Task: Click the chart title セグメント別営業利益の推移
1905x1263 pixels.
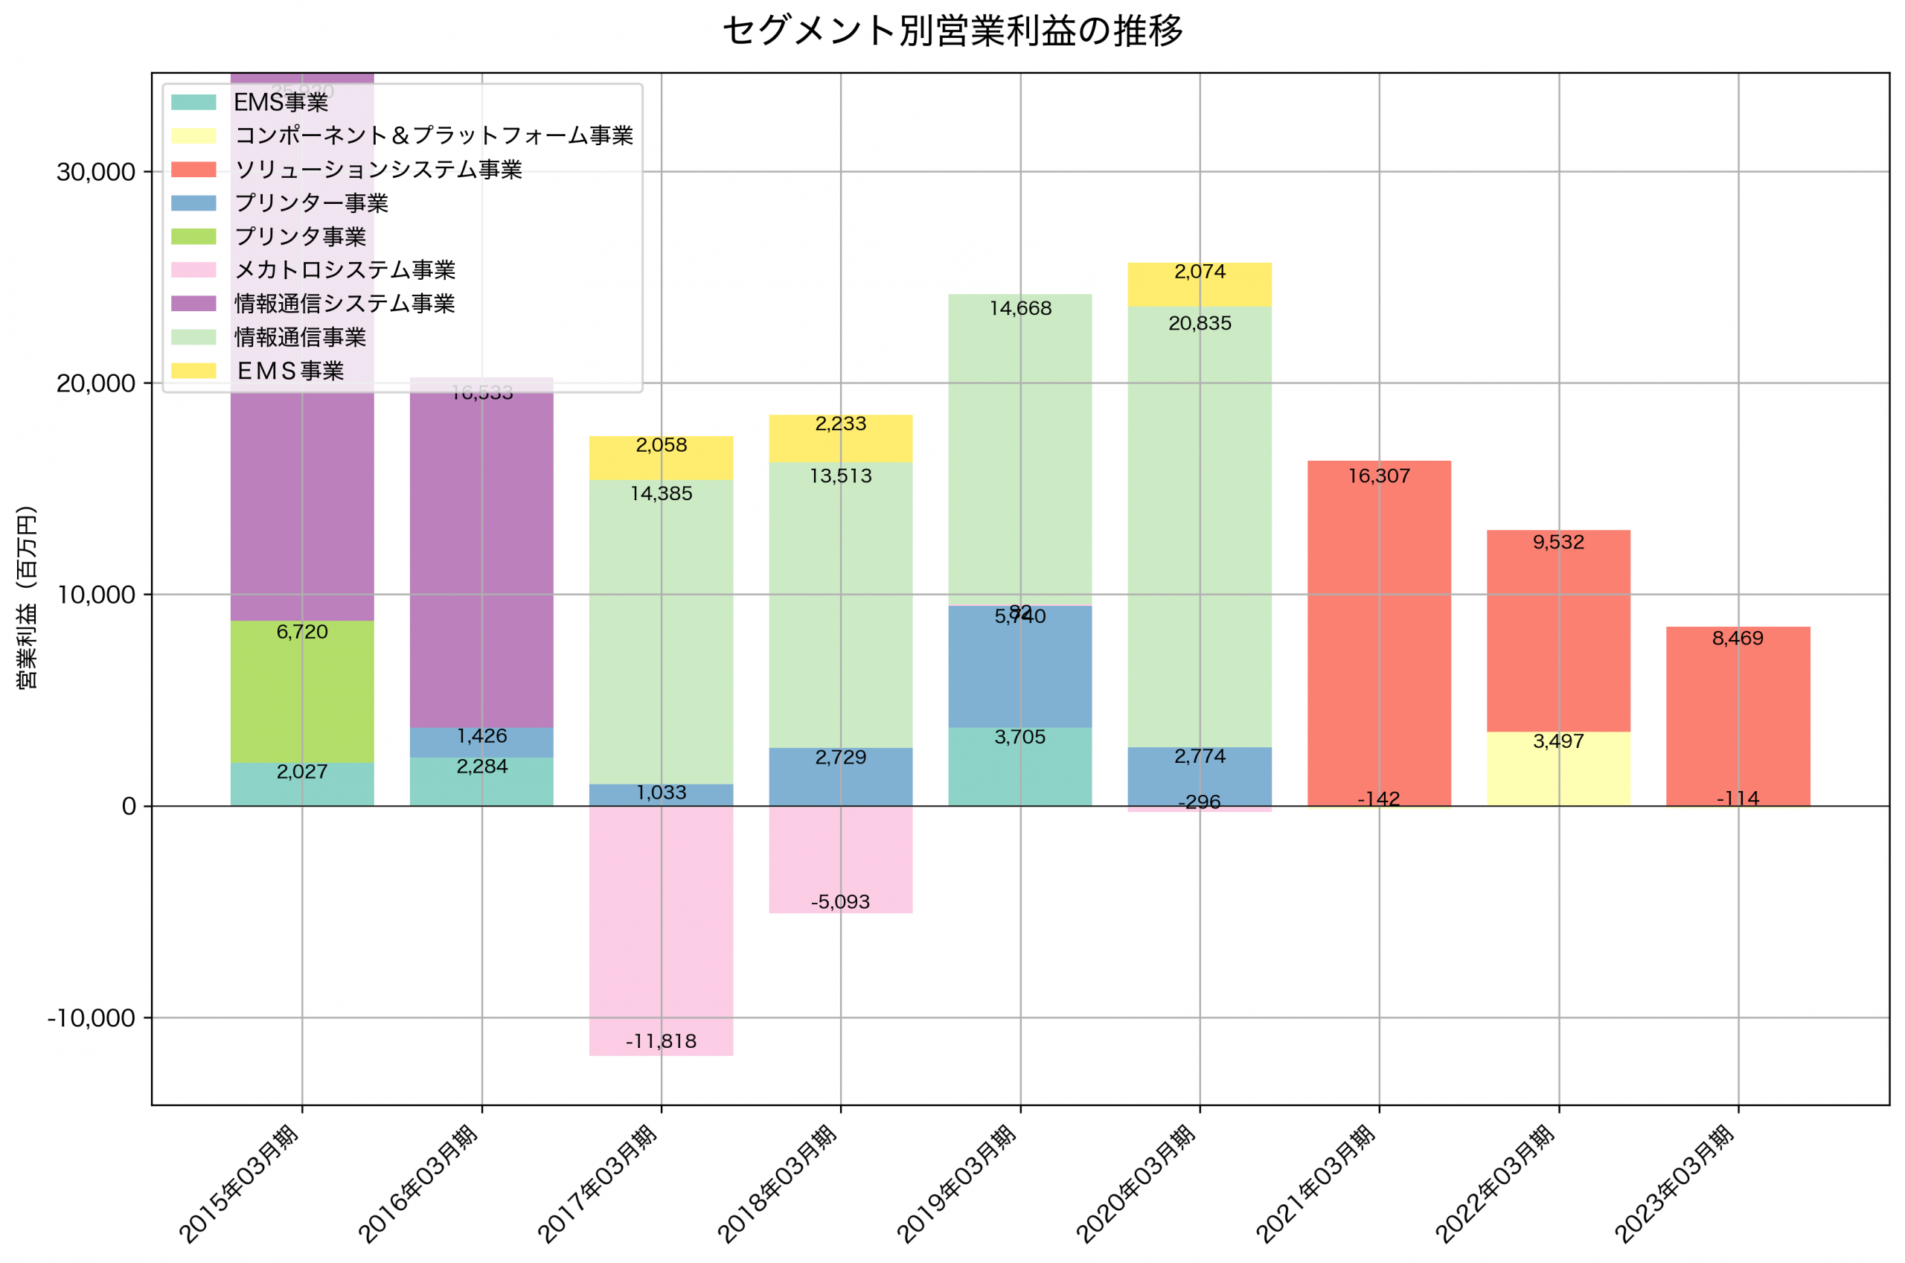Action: coord(952,31)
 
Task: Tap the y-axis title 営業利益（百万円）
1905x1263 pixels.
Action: coord(27,597)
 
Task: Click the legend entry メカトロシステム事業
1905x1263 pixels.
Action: coord(345,270)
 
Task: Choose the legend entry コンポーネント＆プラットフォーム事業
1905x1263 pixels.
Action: coord(433,135)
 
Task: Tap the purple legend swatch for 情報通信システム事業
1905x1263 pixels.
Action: coord(193,304)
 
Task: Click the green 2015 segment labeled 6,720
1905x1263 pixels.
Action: coord(302,693)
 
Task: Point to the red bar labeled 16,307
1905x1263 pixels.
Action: coord(1378,628)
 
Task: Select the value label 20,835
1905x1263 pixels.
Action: coord(1200,324)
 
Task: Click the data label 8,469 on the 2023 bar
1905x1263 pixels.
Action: coord(1738,639)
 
